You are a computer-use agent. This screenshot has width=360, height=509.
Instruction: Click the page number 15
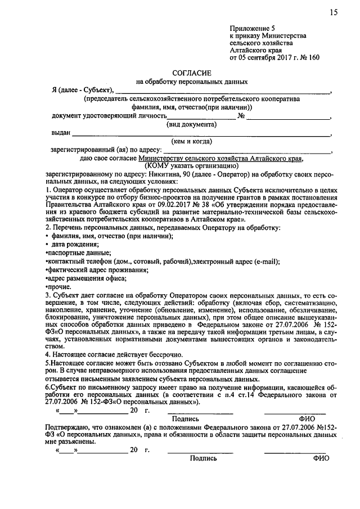pos(334,13)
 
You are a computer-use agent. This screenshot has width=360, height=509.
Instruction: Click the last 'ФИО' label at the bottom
pos(321,458)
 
